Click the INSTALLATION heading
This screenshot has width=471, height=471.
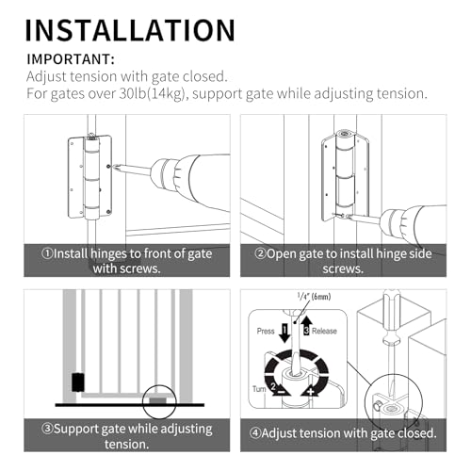coord(130,30)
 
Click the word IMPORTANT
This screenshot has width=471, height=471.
coord(69,59)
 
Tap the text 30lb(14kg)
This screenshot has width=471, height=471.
coord(151,93)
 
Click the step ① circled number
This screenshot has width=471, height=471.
coord(47,253)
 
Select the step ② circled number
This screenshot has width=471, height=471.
coord(260,253)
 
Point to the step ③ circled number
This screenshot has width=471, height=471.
coord(47,429)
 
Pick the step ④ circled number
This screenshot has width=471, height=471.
coord(255,433)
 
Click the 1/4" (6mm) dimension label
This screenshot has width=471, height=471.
coord(314,297)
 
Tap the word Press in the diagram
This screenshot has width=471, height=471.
coord(266,332)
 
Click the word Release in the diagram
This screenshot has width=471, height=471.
coord(324,331)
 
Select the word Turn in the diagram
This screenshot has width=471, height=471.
coord(259,389)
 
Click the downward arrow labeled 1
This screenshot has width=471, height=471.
coord(284,333)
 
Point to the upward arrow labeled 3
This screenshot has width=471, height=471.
coord(306,326)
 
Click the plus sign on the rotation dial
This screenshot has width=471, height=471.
coord(311,392)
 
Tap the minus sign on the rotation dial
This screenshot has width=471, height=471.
coord(282,392)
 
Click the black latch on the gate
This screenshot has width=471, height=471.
coord(78,382)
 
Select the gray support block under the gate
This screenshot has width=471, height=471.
coord(158,400)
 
